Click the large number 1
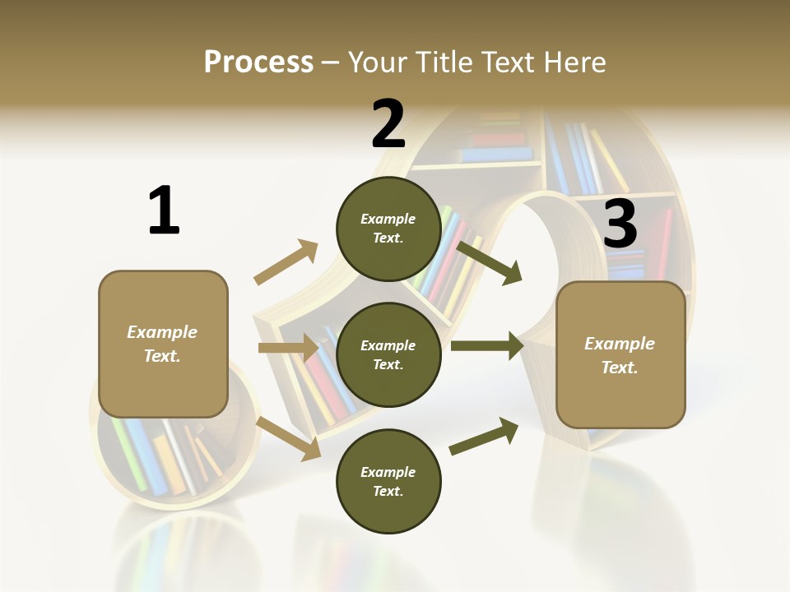164,210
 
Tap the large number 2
388,124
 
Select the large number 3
620,224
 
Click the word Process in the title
258,62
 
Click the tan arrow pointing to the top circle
286,262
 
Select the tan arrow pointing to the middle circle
288,348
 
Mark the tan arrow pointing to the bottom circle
289,437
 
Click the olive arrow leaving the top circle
490,262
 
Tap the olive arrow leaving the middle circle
486,345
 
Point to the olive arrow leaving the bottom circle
484,437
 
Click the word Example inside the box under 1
162,332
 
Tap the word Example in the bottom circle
388,472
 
